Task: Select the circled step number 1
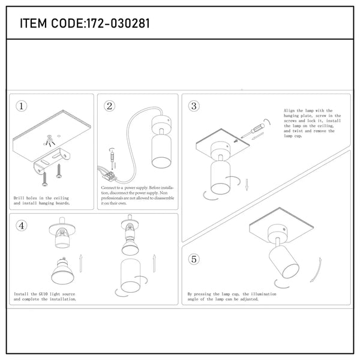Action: coord(22,107)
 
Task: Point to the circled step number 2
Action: coord(110,107)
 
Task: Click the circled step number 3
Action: coord(193,107)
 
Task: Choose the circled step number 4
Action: coord(22,226)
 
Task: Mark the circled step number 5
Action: coord(193,259)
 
